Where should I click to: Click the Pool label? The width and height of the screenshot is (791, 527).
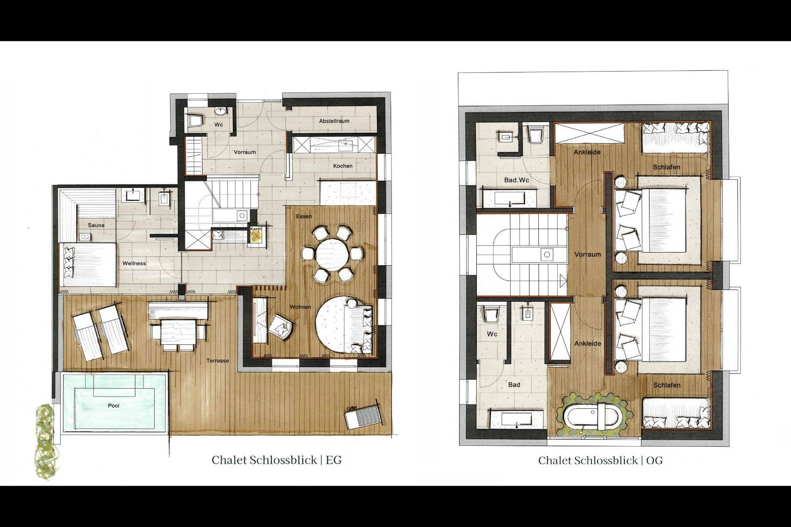(113, 405)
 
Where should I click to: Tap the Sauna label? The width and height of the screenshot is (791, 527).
(96, 225)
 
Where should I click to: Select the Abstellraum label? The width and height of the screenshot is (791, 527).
(334, 121)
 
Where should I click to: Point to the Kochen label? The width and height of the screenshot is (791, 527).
(343, 166)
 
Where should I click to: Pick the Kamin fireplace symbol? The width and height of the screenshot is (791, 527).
(256, 235)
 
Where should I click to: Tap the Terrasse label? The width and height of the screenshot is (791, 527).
(218, 361)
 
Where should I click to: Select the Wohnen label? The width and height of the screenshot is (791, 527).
(300, 307)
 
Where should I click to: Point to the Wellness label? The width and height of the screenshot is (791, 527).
(134, 263)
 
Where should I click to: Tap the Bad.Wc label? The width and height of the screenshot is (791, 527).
(517, 180)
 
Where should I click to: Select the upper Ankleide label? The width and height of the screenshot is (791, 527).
(587, 152)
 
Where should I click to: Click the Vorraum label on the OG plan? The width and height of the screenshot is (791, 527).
(588, 254)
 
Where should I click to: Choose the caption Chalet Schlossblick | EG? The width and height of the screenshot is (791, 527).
(276, 460)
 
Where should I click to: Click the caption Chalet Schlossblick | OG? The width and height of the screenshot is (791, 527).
(600, 460)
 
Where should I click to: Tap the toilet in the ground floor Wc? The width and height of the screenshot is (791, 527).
(195, 121)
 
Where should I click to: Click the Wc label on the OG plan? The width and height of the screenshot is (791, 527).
(492, 334)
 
